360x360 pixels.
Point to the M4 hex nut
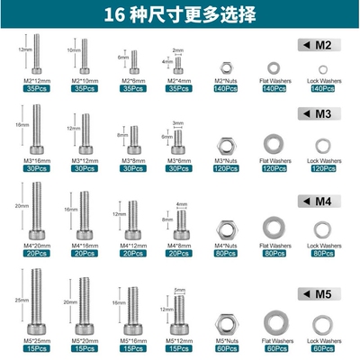[222, 224]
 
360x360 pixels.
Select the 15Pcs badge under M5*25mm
[35, 348]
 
